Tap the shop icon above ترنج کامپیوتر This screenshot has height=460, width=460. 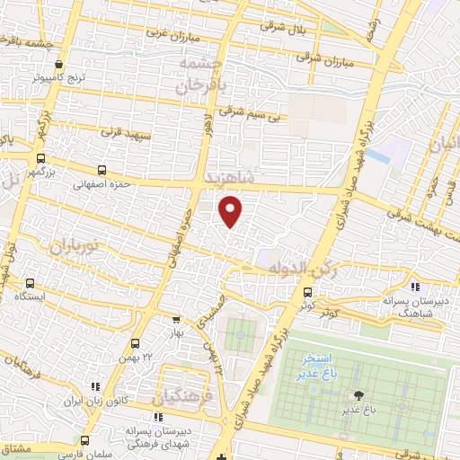click(58, 65)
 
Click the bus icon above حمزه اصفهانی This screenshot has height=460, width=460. click(100, 169)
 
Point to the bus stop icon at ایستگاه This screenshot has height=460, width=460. click(31, 282)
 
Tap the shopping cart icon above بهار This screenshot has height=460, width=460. click(175, 319)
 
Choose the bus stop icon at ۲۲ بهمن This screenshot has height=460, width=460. click(135, 342)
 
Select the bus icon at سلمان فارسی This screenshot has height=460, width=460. click(85, 440)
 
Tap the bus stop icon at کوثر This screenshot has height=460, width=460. click(308, 291)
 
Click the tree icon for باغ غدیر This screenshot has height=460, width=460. click(360, 395)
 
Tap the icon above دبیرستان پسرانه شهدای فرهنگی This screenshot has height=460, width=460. click(158, 417)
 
